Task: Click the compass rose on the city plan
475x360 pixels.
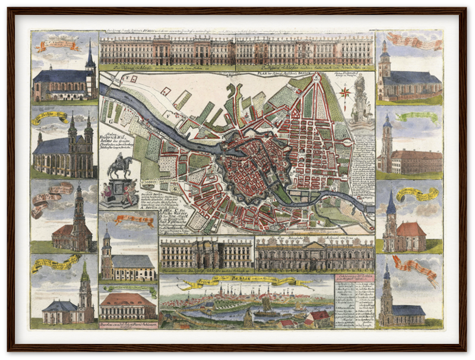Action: coord(344,91)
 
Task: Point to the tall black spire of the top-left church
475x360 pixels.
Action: coord(90,55)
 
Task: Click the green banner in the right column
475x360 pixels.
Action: coord(417,117)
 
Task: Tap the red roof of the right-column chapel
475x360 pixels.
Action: coord(411,229)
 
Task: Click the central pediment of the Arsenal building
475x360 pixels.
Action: coord(315,244)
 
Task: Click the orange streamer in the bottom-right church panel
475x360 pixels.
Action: coord(416,267)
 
